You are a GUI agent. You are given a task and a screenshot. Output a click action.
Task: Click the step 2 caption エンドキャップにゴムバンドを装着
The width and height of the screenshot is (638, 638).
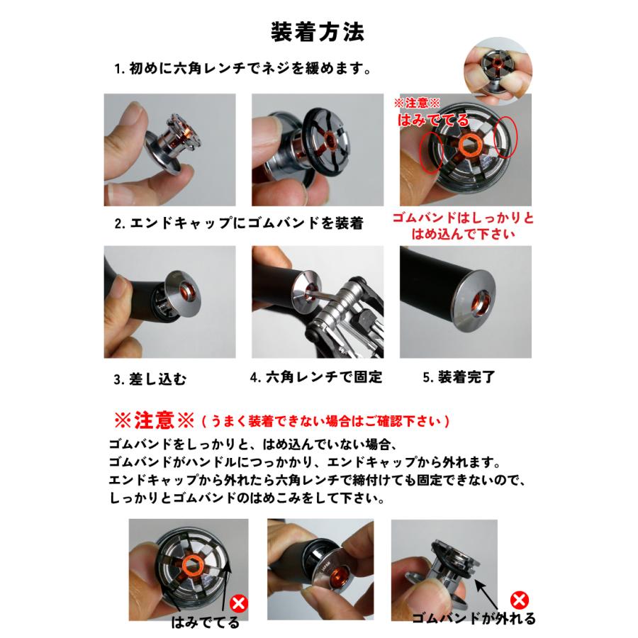pos(239,223)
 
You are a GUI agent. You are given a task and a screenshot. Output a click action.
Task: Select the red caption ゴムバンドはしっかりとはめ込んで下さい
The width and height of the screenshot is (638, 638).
pos(464,225)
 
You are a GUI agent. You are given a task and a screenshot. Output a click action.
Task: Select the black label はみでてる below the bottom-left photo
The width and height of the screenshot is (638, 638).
pos(206,624)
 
